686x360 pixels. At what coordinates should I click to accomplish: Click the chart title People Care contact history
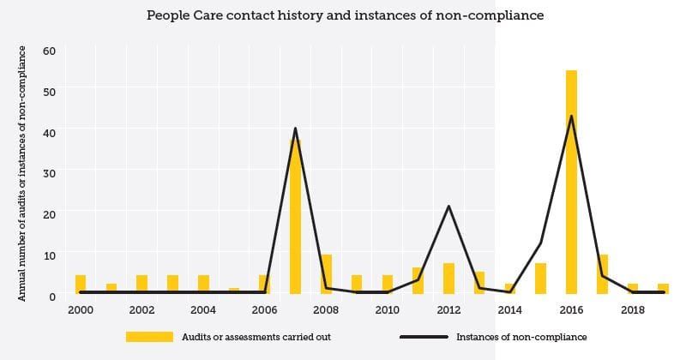click(345, 15)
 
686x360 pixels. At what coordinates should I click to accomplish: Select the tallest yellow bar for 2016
click(571, 182)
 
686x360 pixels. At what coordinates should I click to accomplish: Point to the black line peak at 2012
click(448, 207)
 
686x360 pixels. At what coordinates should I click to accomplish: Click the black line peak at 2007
click(295, 129)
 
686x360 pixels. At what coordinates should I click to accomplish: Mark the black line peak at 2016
click(571, 117)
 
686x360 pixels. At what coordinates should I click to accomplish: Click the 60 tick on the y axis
click(49, 51)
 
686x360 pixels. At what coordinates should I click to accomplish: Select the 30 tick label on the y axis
click(49, 172)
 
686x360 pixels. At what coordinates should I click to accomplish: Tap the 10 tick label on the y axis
click(49, 255)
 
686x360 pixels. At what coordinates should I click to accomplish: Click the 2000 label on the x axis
click(81, 309)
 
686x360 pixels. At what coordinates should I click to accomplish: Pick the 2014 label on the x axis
click(509, 309)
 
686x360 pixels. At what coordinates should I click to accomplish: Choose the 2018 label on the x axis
click(632, 309)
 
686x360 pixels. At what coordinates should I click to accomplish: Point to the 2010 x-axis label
click(387, 309)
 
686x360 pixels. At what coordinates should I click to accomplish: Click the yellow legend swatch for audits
click(149, 337)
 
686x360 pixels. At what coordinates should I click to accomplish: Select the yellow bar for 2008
click(326, 273)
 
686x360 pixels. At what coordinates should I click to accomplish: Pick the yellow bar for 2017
click(602, 273)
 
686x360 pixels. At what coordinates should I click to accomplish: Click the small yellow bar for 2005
click(234, 291)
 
